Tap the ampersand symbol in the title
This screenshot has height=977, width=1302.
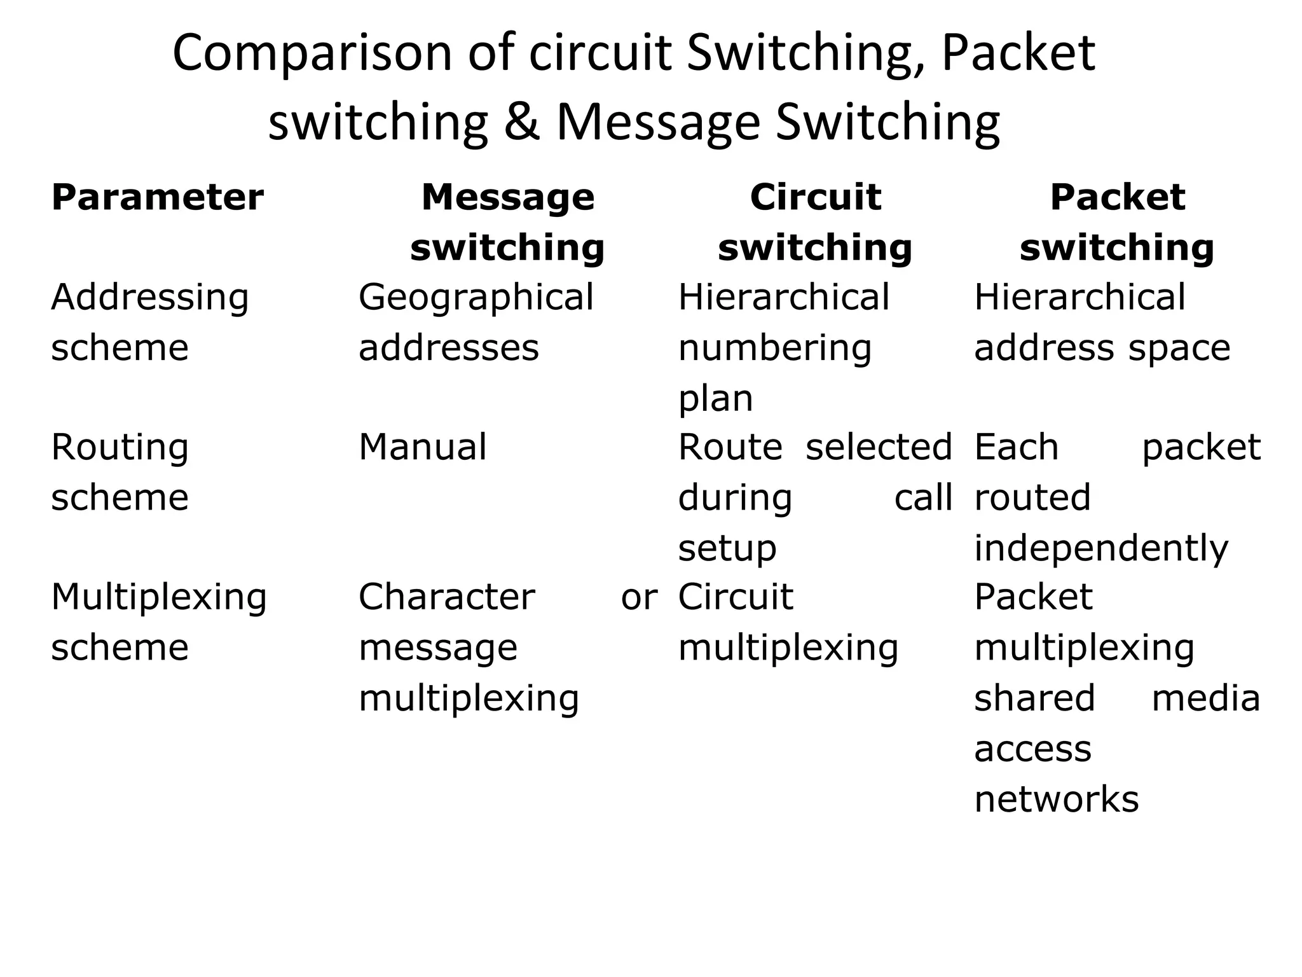coord(521,122)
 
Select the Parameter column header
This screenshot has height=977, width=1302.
coord(157,197)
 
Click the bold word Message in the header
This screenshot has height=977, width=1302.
coord(507,197)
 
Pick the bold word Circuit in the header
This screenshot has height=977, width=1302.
coord(815,197)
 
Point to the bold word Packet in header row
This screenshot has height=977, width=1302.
coord(1117,197)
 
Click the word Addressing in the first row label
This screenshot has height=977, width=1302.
coord(150,298)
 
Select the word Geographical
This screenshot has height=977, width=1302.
coord(476,298)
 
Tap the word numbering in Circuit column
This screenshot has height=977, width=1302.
coord(774,349)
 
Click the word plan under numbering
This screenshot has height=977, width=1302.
coord(715,399)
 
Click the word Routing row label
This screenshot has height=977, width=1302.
coord(120,448)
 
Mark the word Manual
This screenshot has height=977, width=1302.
coord(423,447)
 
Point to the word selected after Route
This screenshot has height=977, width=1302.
coord(879,447)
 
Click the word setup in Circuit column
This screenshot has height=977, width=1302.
coord(727,548)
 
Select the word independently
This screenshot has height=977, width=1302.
coord(1101,548)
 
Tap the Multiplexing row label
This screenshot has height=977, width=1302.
coord(159,598)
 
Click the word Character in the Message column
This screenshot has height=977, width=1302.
coord(446,597)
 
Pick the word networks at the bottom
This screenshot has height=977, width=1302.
coord(1056,799)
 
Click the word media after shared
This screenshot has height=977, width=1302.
coord(1205,698)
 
